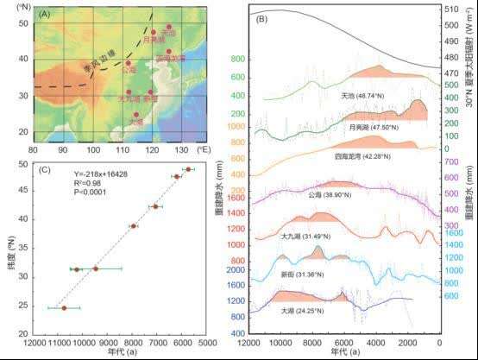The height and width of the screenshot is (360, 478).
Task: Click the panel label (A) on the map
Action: click(x=41, y=16)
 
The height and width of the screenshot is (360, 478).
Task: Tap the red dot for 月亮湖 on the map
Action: click(x=154, y=32)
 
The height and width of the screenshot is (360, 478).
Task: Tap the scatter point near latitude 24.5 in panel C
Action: click(x=64, y=307)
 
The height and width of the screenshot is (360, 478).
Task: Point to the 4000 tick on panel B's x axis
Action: click(x=376, y=343)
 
